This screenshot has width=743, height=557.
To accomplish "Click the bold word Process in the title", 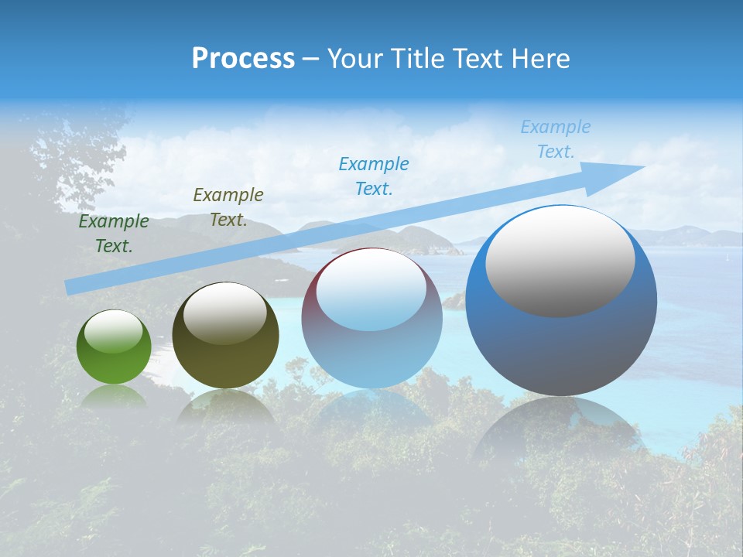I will click(x=243, y=59).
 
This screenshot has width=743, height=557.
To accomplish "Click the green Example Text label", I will click(x=114, y=234).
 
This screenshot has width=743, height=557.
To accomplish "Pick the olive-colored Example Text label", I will click(x=228, y=207).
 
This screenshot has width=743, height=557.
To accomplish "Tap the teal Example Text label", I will click(x=374, y=176).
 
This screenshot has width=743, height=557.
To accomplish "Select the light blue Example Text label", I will click(x=555, y=139).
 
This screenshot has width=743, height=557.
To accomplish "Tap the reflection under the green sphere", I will click(x=114, y=396).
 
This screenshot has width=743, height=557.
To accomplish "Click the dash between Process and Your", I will click(x=310, y=59).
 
